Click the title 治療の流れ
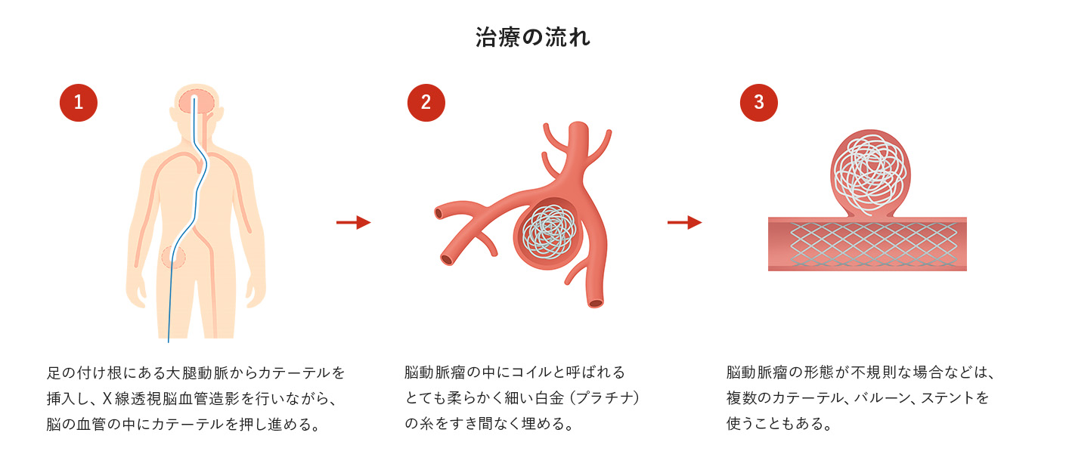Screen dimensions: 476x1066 [533, 38]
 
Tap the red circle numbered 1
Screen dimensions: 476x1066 [79, 103]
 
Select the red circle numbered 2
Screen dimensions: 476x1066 [426, 103]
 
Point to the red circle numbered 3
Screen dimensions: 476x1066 [758, 103]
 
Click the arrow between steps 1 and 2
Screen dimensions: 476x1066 [353, 222]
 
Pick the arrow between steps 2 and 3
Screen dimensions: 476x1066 [684, 222]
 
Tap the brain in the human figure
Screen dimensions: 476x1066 [196, 102]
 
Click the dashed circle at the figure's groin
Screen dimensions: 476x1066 [174, 257]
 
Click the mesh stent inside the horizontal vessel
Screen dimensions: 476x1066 [867, 244]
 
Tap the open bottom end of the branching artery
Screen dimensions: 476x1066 [596, 303]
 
